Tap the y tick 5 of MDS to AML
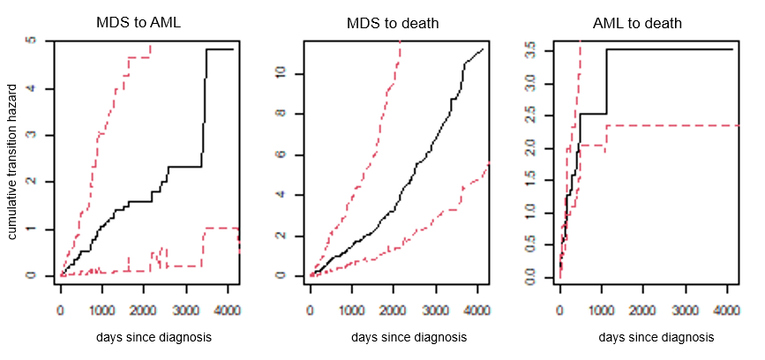(33, 41)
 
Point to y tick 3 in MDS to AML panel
(33, 135)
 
